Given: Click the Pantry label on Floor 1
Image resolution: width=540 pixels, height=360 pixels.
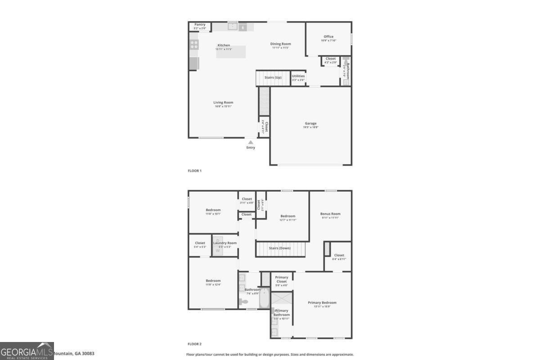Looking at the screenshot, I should (x=199, y=24).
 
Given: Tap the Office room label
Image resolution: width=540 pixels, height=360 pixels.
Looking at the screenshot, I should (x=328, y=36).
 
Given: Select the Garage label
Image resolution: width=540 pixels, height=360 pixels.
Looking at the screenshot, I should (x=310, y=123).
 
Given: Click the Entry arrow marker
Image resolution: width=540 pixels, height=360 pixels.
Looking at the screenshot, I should (x=251, y=142).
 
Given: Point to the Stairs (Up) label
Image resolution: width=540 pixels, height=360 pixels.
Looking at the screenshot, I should (x=273, y=77).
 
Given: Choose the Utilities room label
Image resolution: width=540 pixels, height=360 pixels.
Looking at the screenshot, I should (x=298, y=76).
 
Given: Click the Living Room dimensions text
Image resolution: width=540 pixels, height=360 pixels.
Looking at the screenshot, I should (x=223, y=106).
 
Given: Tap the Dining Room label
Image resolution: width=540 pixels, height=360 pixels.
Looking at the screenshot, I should (x=280, y=44).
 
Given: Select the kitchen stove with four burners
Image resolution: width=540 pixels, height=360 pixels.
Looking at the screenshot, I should (x=194, y=44).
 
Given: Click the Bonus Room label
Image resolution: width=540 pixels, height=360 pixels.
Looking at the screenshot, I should (x=330, y=214).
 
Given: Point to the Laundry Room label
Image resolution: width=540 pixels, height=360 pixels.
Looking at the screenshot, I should (x=225, y=243).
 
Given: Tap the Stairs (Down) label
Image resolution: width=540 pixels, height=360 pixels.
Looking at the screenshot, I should (x=279, y=248).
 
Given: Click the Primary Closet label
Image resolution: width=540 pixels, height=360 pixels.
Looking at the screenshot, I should (x=282, y=279).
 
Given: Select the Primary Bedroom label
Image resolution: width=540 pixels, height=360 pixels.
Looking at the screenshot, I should (x=322, y=303).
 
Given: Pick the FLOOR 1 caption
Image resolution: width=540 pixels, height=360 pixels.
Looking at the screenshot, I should (x=194, y=171).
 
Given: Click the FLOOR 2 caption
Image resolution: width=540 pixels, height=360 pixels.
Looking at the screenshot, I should (x=194, y=344).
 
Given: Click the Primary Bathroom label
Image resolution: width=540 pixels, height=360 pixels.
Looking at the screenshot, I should (x=282, y=312).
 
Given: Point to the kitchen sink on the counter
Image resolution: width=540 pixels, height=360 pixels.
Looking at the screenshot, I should (x=233, y=27).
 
